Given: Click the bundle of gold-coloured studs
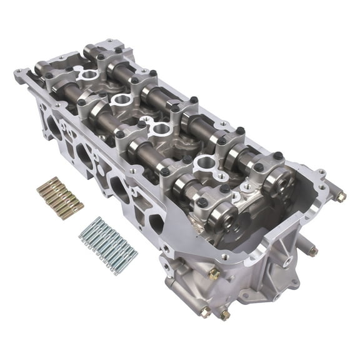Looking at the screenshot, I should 59,197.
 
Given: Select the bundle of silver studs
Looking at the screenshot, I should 108,244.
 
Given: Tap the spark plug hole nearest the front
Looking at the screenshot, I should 206,164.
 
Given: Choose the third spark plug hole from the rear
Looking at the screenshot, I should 161,129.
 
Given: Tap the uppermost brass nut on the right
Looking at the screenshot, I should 341,197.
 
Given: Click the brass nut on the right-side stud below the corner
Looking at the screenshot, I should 311,251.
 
